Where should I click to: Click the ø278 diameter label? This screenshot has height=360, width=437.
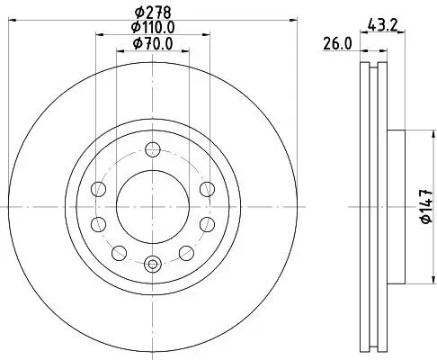click(x=153, y=13)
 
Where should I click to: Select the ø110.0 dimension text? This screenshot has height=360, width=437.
click(x=153, y=29)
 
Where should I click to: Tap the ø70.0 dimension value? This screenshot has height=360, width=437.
click(x=153, y=44)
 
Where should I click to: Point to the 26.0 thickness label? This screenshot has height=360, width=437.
click(x=338, y=44)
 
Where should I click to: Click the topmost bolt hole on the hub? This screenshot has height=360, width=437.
click(x=152, y=149)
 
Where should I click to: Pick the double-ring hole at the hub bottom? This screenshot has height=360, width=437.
click(x=152, y=264)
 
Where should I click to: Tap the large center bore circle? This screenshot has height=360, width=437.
click(x=152, y=206)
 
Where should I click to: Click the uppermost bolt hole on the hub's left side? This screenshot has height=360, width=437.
click(x=98, y=189)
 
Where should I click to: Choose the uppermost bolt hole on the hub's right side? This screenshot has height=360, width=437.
click(x=207, y=188)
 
